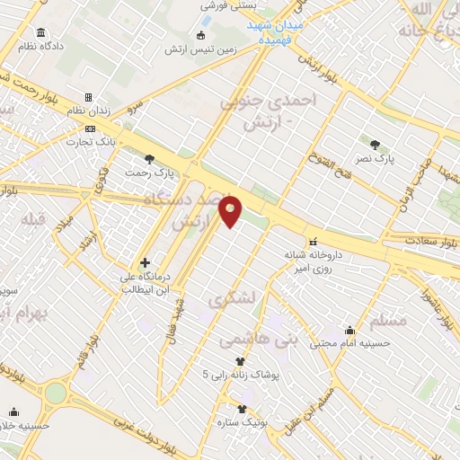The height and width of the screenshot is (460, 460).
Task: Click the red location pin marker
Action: (x=232, y=210)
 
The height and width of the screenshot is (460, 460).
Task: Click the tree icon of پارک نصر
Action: (x=376, y=143)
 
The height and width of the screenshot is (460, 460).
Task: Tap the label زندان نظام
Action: (x=89, y=111)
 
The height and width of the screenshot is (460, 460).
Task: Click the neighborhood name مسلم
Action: (x=388, y=320)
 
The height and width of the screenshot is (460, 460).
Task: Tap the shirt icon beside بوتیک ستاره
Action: (x=241, y=409)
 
